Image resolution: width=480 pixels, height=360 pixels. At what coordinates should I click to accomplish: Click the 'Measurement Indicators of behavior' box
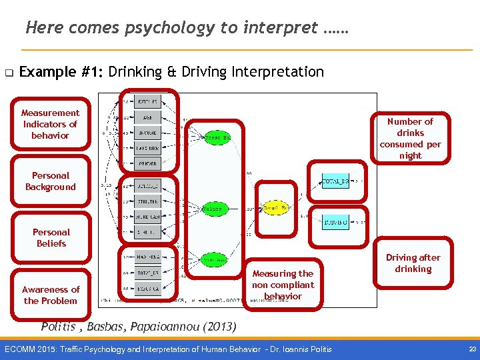(50, 125)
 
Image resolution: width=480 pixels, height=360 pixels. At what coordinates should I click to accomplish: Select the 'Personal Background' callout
(51, 181)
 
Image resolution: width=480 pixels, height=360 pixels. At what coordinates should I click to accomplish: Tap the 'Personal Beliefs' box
(51, 238)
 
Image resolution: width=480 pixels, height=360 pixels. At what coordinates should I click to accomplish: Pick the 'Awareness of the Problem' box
(51, 295)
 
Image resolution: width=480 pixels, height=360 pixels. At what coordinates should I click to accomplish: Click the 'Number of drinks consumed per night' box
(410, 139)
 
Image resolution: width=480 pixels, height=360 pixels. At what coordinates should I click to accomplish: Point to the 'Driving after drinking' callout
(413, 263)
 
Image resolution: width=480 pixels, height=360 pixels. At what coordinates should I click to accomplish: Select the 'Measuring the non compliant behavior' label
(283, 285)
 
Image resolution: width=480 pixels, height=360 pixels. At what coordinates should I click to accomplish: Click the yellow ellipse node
(277, 209)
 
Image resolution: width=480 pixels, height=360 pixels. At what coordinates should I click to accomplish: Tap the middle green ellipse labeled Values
(213, 209)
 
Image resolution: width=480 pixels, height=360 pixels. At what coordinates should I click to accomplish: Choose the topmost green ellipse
(217, 137)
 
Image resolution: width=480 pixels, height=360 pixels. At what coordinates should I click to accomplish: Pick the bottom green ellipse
(213, 259)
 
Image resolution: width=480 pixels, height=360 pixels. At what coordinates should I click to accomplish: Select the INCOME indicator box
(147, 131)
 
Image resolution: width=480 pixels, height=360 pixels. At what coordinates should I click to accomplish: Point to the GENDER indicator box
(147, 163)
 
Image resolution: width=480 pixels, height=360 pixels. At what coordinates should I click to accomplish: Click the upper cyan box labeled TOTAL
(335, 181)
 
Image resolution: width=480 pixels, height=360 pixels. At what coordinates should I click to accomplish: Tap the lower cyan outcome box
(335, 221)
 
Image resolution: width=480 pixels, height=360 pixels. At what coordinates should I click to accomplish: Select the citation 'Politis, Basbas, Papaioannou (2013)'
(138, 327)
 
